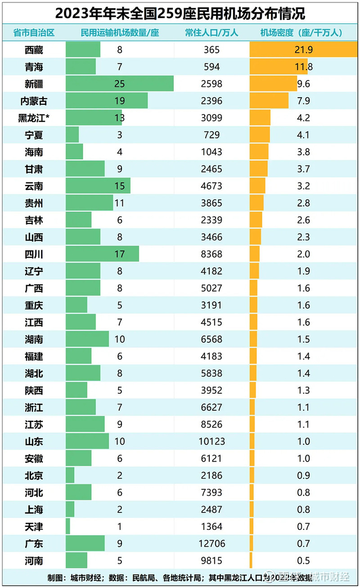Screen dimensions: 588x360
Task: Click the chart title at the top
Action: click(x=179, y=12)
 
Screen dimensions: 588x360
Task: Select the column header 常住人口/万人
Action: click(x=211, y=33)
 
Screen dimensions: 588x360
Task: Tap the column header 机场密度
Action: click(x=301, y=33)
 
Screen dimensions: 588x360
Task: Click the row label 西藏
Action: click(x=33, y=50)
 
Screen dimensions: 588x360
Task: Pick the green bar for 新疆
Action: click(x=119, y=84)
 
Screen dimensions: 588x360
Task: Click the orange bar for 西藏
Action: click(x=303, y=50)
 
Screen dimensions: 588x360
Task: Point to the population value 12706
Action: click(x=211, y=543)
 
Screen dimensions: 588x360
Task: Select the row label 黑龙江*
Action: click(x=33, y=118)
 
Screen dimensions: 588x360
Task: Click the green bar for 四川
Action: click(x=102, y=254)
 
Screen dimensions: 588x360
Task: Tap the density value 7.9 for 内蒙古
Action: click(x=303, y=101)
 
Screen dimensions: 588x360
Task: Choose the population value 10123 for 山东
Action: click(x=211, y=441)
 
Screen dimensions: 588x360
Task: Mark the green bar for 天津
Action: click(x=68, y=526)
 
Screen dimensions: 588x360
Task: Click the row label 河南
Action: click(x=33, y=560)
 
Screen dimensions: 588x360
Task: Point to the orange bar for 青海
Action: click(x=278, y=67)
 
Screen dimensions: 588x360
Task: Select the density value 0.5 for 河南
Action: click(x=303, y=560)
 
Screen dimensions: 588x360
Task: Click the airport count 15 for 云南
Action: click(x=119, y=186)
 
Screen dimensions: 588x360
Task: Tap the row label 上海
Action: click(x=33, y=509)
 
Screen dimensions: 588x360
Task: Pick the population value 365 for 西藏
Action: click(x=211, y=50)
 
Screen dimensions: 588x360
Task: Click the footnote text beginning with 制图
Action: click(x=154, y=577)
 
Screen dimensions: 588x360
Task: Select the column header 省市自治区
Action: click(x=33, y=33)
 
